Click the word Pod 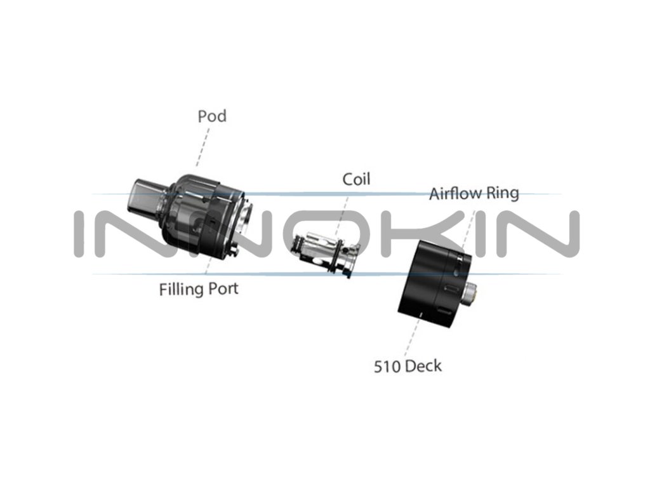(x=212, y=117)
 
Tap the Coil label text (x=356, y=179)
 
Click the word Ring (x=503, y=193)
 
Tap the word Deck (x=423, y=366)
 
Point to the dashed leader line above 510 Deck (x=413, y=337)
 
